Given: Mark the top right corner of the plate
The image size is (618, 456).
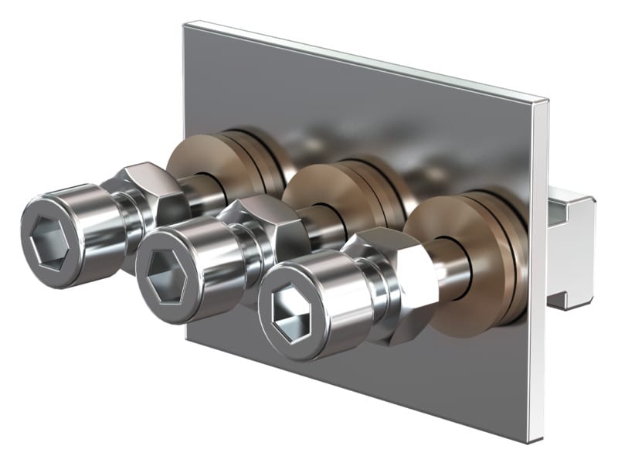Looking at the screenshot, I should (545, 100).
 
